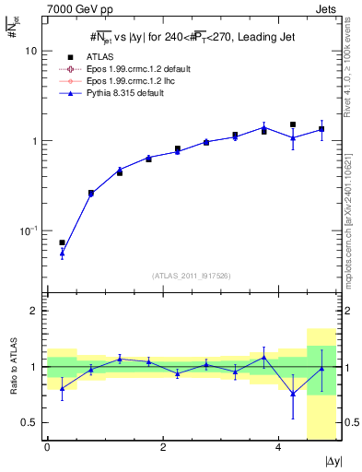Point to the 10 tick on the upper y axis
[x=30, y=52]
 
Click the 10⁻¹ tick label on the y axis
[x=28, y=230]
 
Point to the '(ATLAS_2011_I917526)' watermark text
[x=192, y=275]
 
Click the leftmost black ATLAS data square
[x=62, y=242]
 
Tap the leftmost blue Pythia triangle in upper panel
[x=62, y=253]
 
